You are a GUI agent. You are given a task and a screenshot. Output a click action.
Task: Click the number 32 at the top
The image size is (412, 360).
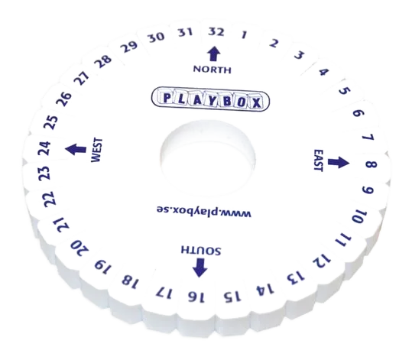pyautogui.click(x=216, y=32)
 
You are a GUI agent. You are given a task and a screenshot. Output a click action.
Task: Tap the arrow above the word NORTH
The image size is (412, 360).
pyautogui.click(x=213, y=54)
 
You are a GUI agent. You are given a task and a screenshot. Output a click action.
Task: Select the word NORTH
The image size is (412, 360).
pyautogui.click(x=212, y=70)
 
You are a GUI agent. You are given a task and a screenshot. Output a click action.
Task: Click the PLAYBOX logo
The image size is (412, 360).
pyautogui.click(x=210, y=99)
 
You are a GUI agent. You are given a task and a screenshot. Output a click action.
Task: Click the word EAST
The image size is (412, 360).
pyautogui.click(x=319, y=161)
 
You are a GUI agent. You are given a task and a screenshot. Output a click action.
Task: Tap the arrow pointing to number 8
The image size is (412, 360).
pyautogui.click(x=339, y=162)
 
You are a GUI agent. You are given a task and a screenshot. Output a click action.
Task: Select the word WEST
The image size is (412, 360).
pyautogui.click(x=96, y=150)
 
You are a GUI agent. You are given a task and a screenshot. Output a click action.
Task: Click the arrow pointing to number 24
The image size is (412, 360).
pyautogui.click(x=76, y=149)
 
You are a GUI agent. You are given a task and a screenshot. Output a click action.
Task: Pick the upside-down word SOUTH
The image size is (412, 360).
pyautogui.click(x=201, y=250)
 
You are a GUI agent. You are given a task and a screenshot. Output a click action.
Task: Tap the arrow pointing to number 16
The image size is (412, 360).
pyautogui.click(x=200, y=268)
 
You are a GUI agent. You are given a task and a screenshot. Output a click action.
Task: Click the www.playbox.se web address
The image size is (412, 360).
pyautogui.click(x=204, y=211)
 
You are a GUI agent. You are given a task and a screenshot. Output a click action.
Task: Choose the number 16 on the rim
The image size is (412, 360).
pyautogui.click(x=196, y=297)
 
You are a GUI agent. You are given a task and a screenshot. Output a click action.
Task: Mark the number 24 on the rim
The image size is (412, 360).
pyautogui.click(x=44, y=148)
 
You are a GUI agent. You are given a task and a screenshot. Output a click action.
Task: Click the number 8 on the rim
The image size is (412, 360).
pyautogui.click(x=371, y=164)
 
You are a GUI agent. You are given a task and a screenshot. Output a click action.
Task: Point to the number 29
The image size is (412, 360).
pyautogui.click(x=129, y=47)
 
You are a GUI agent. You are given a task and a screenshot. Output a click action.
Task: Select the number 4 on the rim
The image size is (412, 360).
pyautogui.click(x=323, y=72)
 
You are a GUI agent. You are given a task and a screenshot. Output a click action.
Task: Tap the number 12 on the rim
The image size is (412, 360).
pyautogui.click(x=322, y=261)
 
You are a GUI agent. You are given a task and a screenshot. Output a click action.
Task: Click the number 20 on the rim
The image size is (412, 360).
pyautogui.click(x=79, y=248)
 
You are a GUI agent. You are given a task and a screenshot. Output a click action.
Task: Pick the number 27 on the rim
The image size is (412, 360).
pyautogui.click(x=82, y=78)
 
